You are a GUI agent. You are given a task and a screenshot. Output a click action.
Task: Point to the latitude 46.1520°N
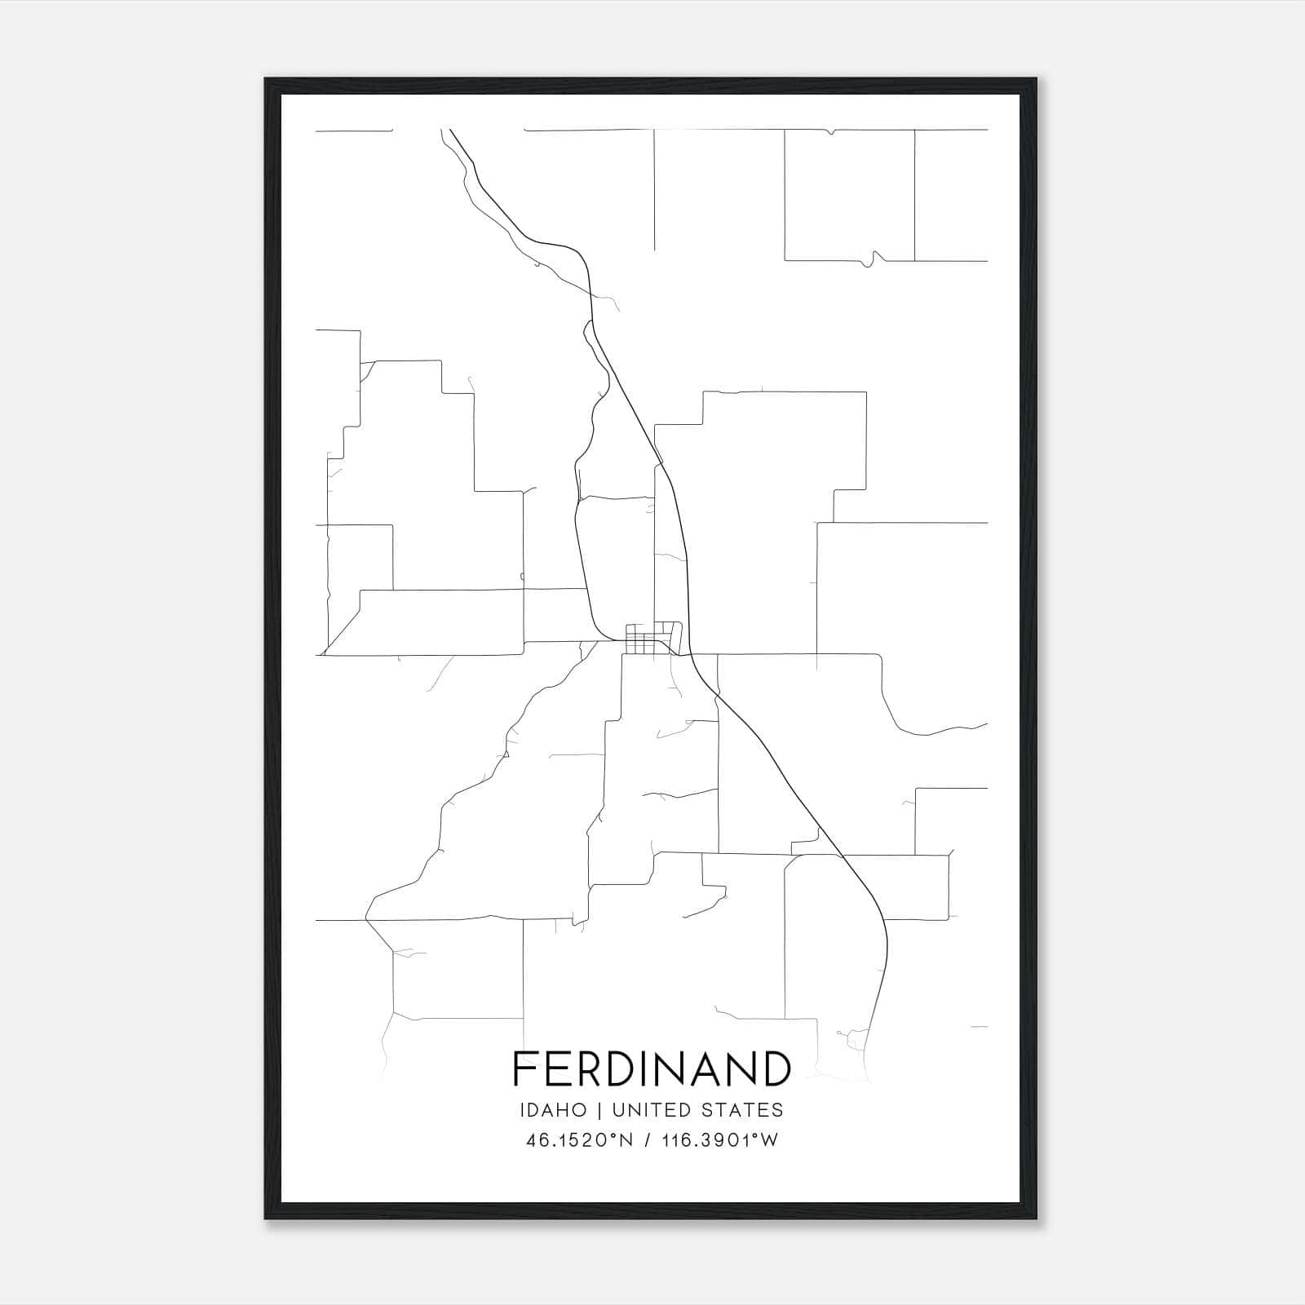[x=580, y=1140]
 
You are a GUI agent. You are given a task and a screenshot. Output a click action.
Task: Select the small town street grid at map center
[x=652, y=639]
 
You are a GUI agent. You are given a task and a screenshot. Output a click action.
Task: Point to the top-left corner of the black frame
[x=267, y=80]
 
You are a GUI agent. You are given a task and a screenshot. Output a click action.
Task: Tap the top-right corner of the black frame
[x=1036, y=80]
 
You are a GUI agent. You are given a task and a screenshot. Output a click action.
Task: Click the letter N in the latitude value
[x=626, y=1140]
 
